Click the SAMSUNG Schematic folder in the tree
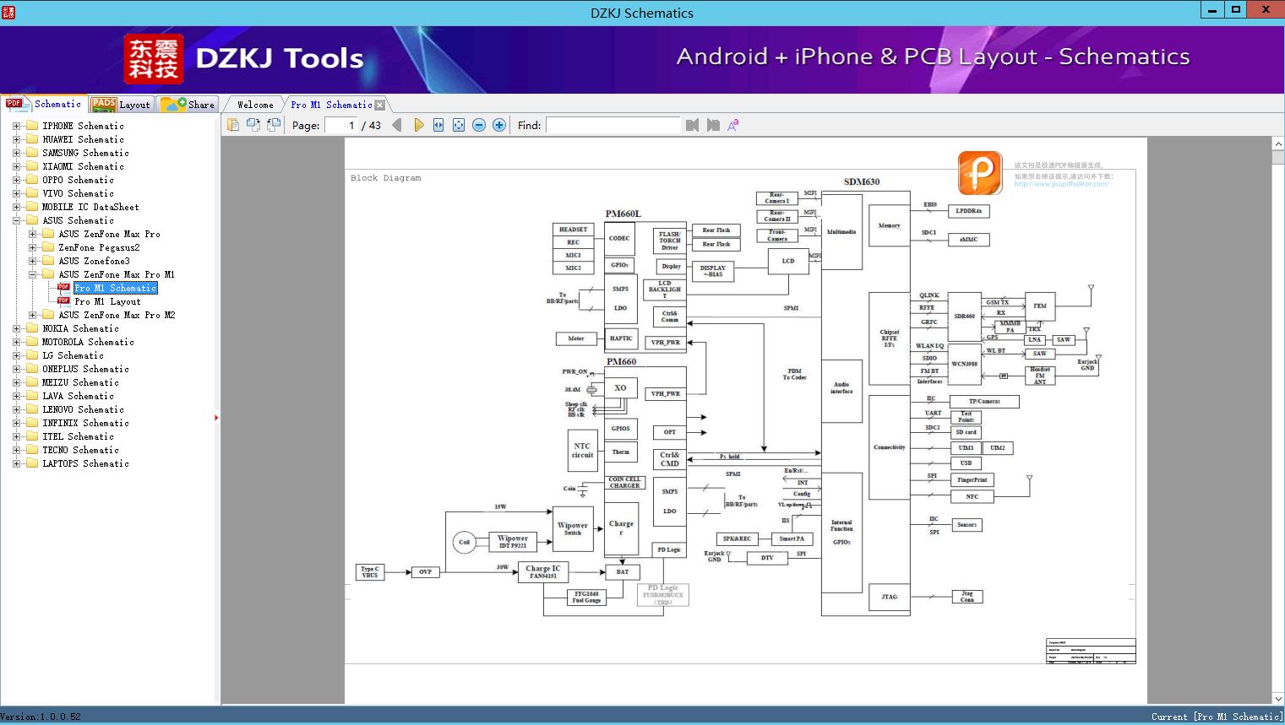(x=85, y=153)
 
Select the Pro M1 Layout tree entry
(x=107, y=301)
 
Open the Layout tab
(x=123, y=105)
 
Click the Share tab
(x=189, y=105)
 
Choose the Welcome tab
(x=254, y=105)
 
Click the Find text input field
(x=613, y=125)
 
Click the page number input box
(x=340, y=125)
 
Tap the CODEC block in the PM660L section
(x=619, y=239)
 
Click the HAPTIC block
(x=621, y=338)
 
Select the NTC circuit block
(x=582, y=451)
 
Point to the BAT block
(x=622, y=572)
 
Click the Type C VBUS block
(x=370, y=572)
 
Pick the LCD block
(x=788, y=262)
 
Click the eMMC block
(x=968, y=240)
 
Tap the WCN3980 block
(x=964, y=365)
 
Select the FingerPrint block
(x=972, y=480)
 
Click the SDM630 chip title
(x=862, y=181)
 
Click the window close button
(x=1266, y=10)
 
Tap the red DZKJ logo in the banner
(x=154, y=59)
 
